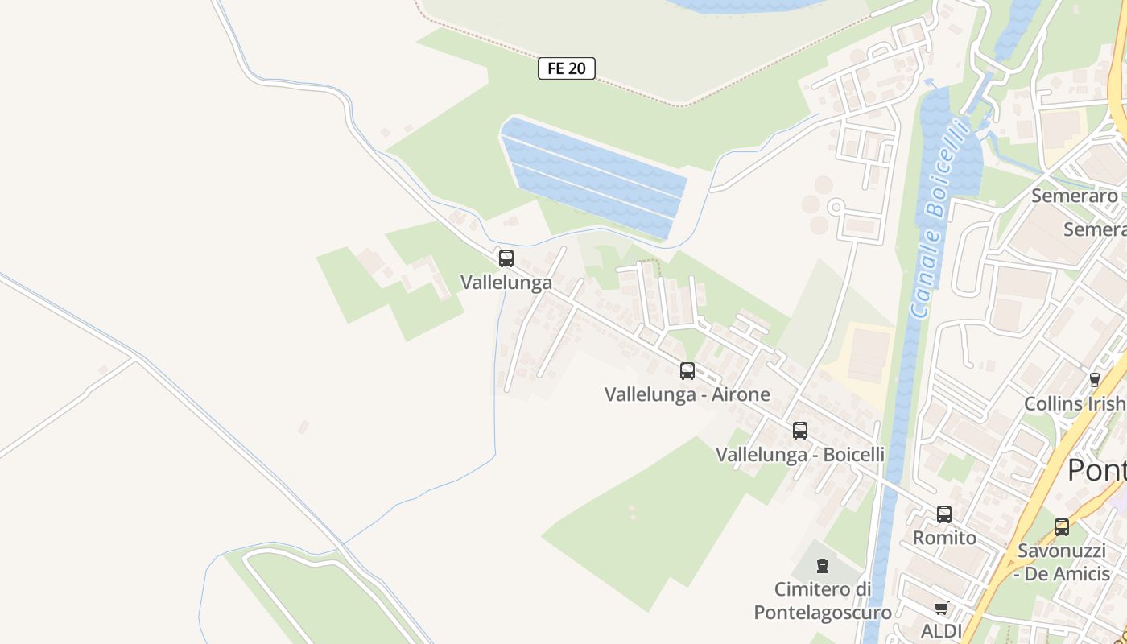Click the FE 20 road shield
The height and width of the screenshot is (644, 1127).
[567, 68]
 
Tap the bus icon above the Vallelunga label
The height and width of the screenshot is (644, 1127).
[506, 258]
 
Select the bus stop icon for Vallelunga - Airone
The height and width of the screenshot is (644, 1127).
[687, 371]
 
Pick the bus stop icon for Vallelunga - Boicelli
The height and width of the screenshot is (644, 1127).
[800, 431]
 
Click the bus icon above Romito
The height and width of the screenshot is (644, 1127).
[944, 514]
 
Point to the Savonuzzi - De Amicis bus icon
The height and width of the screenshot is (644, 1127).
[1062, 527]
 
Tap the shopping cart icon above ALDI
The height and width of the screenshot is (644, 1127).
[941, 609]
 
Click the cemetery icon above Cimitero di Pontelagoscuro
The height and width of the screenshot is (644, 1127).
[822, 566]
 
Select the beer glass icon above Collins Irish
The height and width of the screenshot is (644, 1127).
[1094, 379]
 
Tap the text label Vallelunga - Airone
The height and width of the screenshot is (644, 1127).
[687, 394]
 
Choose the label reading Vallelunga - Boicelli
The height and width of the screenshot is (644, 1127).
[800, 454]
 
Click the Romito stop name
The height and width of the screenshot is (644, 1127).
[944, 537]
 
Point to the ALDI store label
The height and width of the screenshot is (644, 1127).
[941, 631]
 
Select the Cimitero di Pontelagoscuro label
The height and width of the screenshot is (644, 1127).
[822, 601]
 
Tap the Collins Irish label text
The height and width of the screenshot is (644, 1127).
[1075, 403]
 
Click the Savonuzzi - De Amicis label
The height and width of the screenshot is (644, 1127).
[1063, 562]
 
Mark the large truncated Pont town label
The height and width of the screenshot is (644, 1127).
[1096, 470]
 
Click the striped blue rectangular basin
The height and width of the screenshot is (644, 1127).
[593, 178]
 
